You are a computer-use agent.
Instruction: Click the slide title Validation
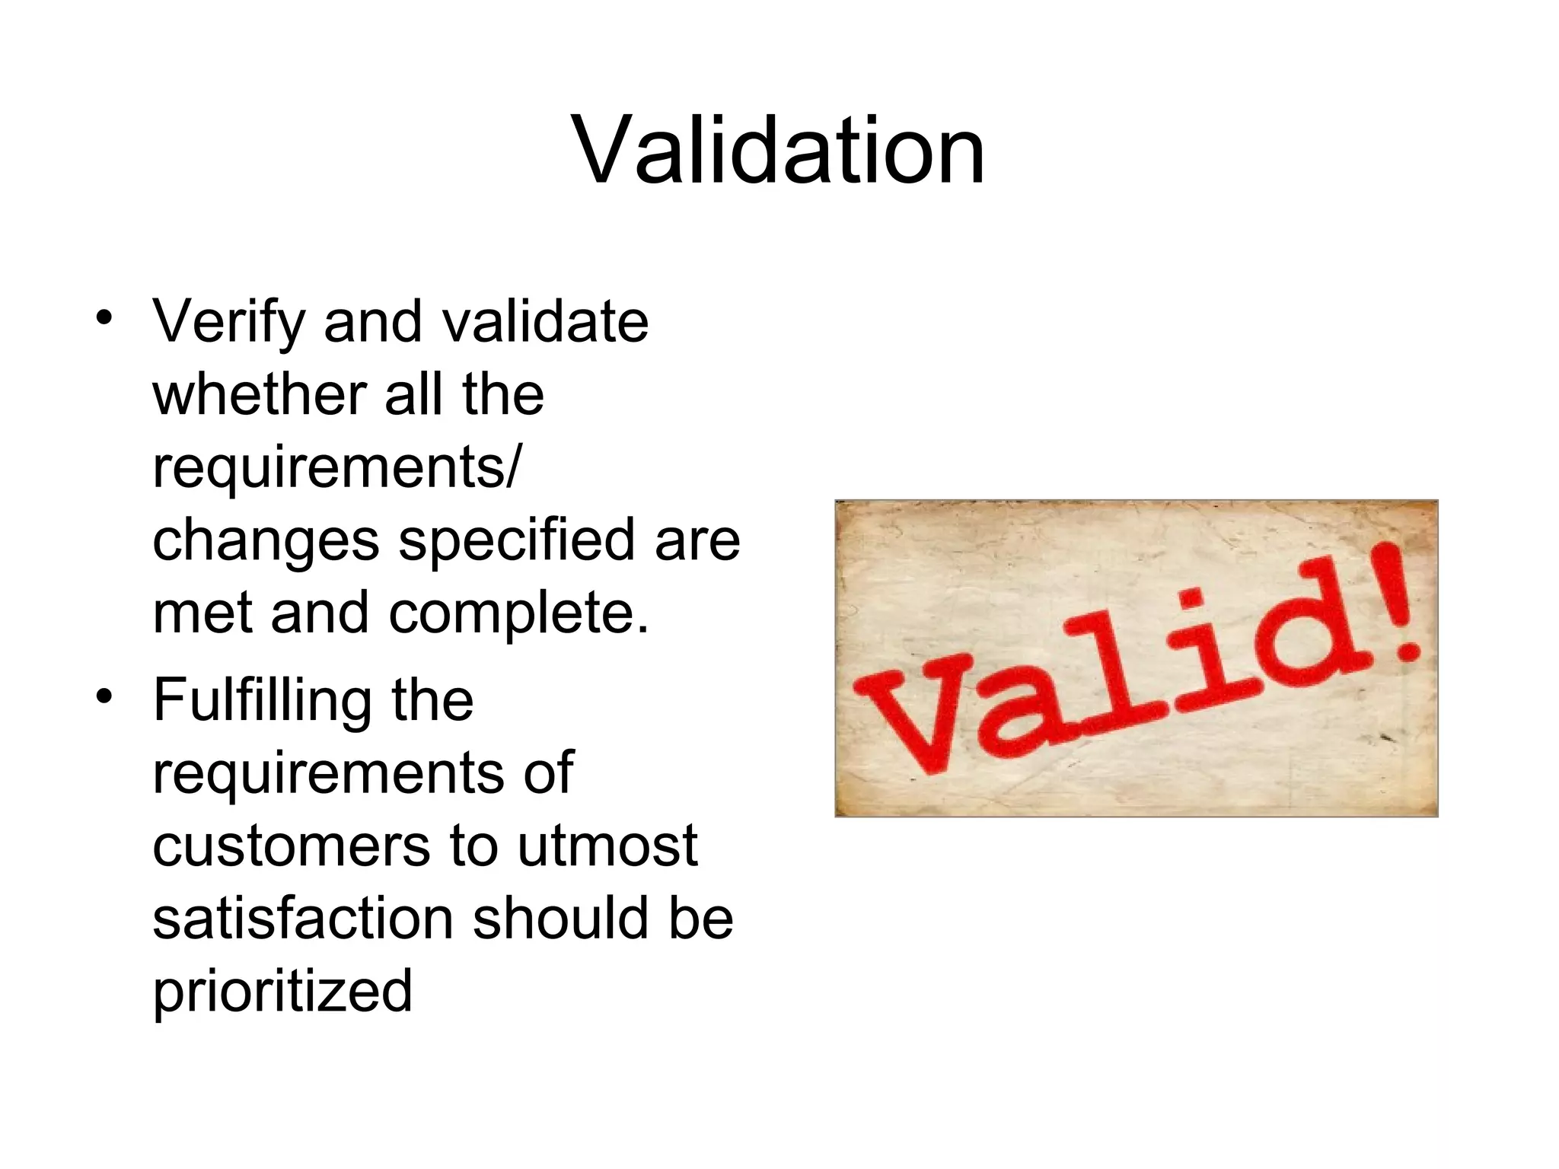coord(779,150)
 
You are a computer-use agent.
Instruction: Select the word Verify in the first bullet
coord(228,323)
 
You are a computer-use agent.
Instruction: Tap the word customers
coord(291,846)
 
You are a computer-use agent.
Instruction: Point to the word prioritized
coord(282,992)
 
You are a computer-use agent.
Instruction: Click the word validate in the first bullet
coord(546,323)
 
